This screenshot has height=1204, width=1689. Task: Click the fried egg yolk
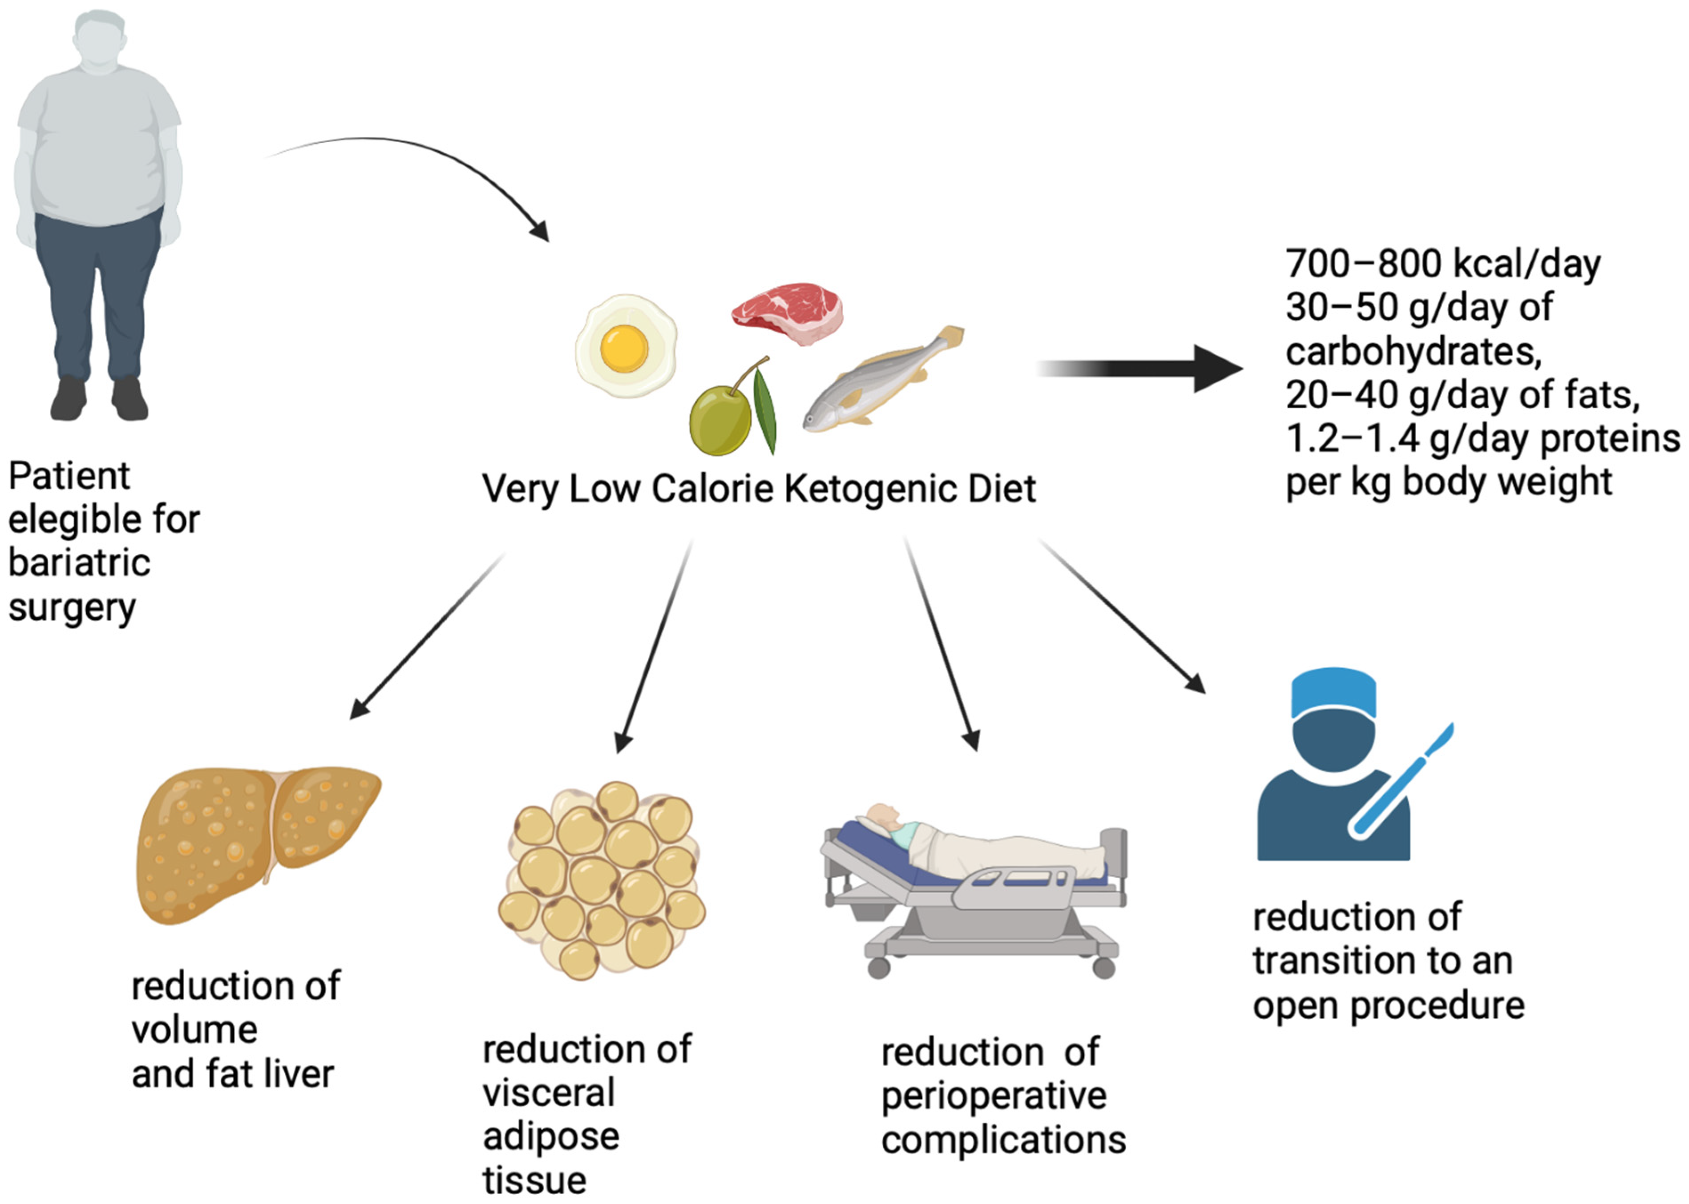pos(624,348)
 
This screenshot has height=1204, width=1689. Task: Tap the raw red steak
pos(788,311)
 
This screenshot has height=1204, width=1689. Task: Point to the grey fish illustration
pos(875,385)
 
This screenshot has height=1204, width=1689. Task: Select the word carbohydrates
pos(1413,351)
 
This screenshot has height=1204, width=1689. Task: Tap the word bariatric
pos(79,563)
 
